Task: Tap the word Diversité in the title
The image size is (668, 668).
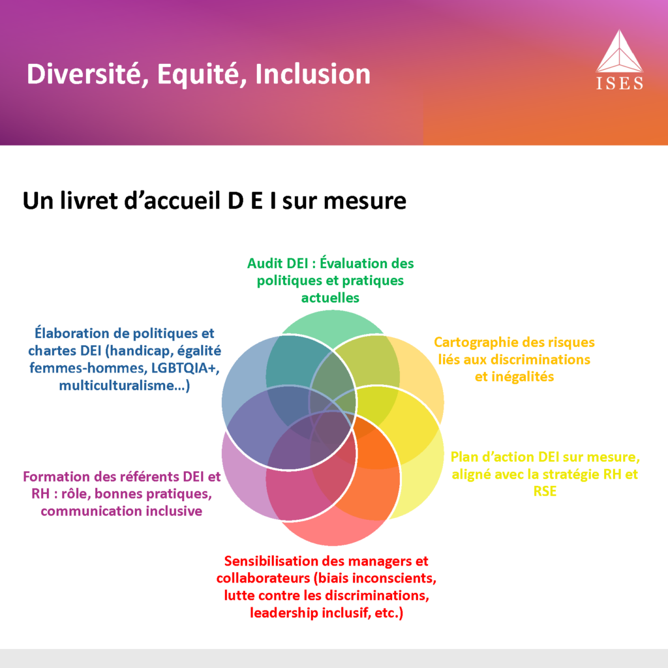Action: tap(83, 74)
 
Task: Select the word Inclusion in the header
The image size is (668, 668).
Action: tap(312, 74)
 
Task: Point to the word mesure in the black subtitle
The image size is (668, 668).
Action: tap(365, 201)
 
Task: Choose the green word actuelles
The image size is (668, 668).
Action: tap(330, 297)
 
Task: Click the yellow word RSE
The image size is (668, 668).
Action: tap(545, 491)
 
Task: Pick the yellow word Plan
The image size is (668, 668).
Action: tap(463, 457)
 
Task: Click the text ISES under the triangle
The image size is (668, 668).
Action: tap(620, 83)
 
